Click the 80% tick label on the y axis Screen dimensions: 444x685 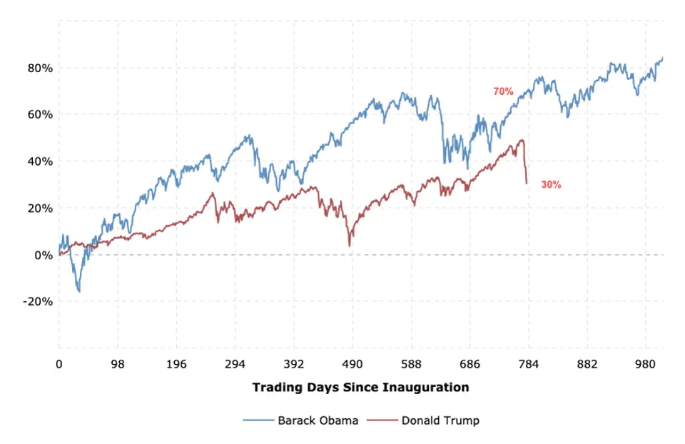pyautogui.click(x=39, y=69)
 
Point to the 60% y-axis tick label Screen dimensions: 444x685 pyautogui.click(x=39, y=115)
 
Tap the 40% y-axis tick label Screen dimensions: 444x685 pyautogui.click(x=39, y=161)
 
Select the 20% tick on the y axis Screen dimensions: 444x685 pyautogui.click(x=39, y=208)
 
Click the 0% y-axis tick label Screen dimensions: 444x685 pyautogui.click(x=42, y=255)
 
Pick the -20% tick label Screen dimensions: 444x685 pyautogui.click(x=38, y=301)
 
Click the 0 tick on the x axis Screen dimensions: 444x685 pyautogui.click(x=59, y=364)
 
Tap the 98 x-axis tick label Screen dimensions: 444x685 pyautogui.click(x=118, y=364)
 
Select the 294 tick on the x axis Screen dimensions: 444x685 pyautogui.click(x=235, y=364)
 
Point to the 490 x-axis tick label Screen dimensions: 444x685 pyautogui.click(x=352, y=364)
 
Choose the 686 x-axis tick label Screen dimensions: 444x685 pyautogui.click(x=470, y=364)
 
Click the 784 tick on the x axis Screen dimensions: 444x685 pyautogui.click(x=528, y=364)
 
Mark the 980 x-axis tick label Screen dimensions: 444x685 pyautogui.click(x=645, y=364)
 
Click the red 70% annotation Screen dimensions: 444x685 pyautogui.click(x=503, y=91)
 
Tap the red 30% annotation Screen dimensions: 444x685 pyautogui.click(x=551, y=185)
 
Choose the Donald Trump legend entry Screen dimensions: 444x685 pyautogui.click(x=440, y=420)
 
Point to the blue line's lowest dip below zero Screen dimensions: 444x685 pyautogui.click(x=78, y=291)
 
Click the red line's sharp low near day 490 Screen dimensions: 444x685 pyautogui.click(x=350, y=246)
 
